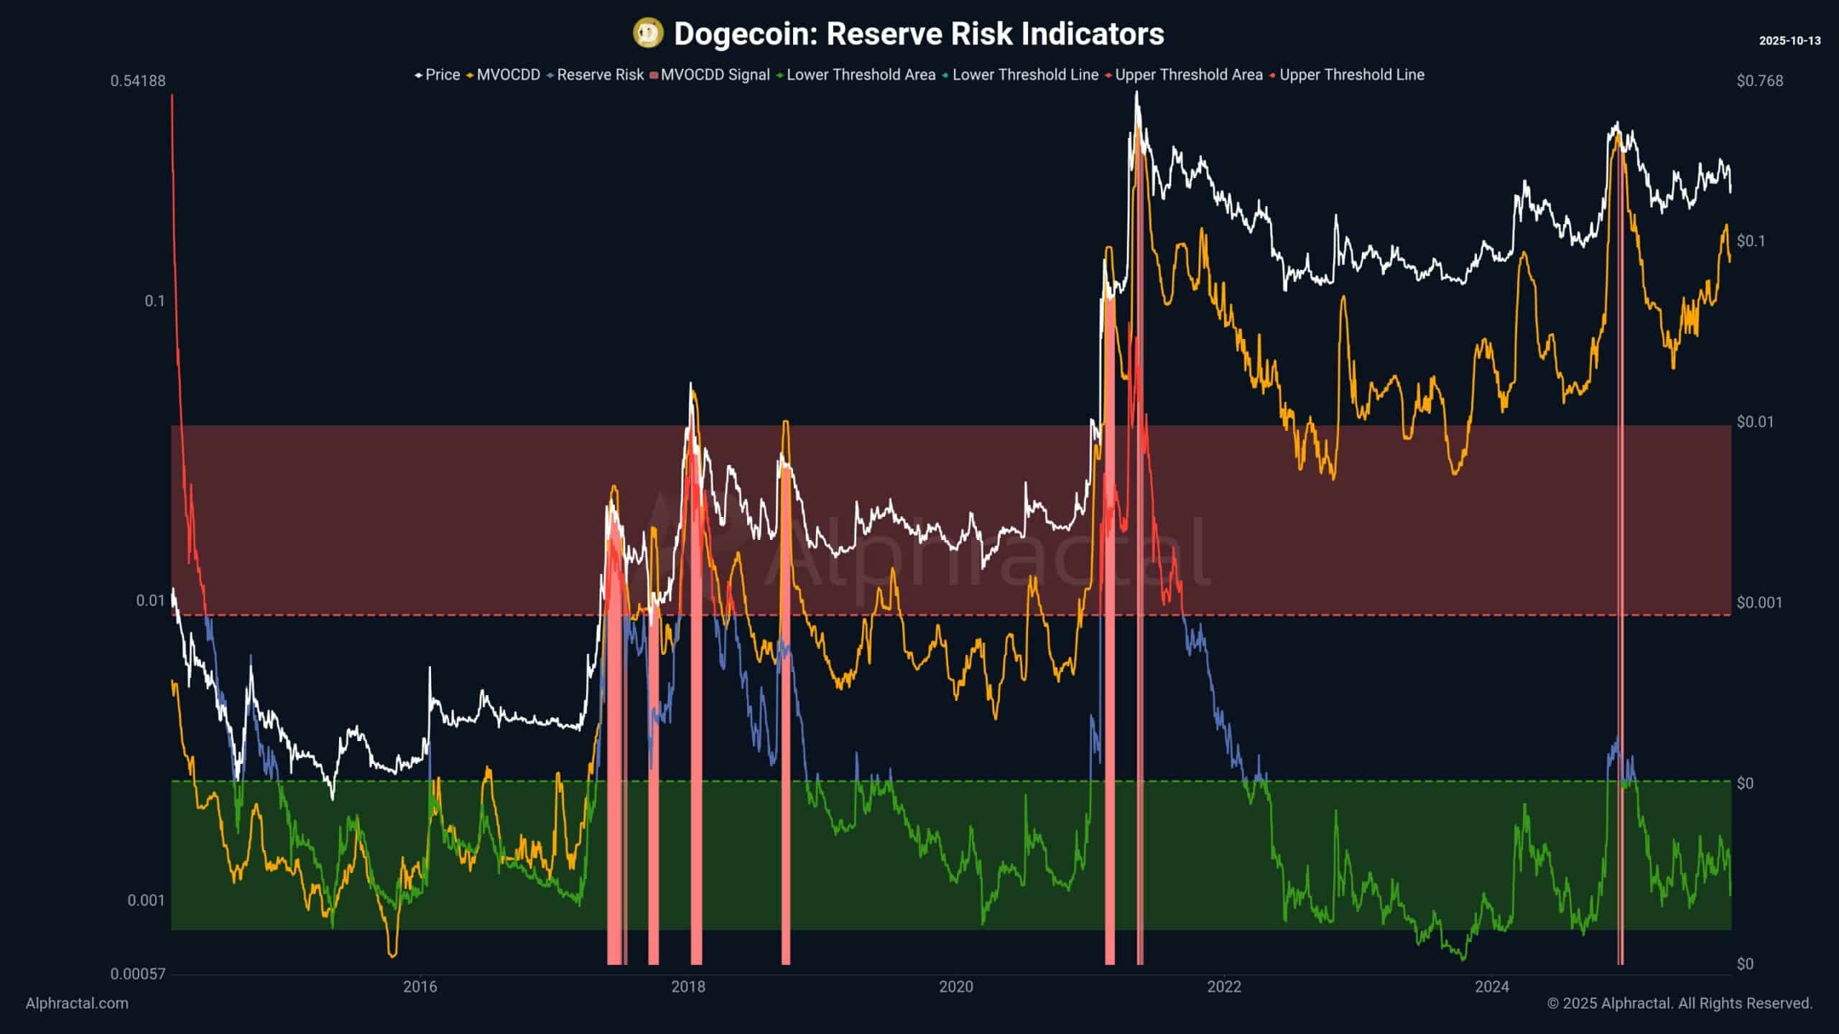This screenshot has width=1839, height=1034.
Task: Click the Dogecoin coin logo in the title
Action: click(648, 34)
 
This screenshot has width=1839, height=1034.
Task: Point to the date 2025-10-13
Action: click(1789, 41)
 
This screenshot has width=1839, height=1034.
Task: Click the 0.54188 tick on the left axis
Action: click(138, 80)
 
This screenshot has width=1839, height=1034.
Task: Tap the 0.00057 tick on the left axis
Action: click(138, 974)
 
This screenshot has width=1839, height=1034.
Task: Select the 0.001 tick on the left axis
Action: click(146, 900)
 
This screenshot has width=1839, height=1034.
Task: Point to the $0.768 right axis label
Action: click(1759, 80)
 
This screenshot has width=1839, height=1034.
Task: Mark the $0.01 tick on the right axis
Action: click(1755, 421)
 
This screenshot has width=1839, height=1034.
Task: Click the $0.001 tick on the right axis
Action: click(1759, 602)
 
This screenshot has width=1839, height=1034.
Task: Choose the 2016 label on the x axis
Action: click(420, 987)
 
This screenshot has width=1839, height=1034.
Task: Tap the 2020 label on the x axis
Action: click(956, 987)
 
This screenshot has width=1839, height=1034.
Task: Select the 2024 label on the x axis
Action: click(1492, 987)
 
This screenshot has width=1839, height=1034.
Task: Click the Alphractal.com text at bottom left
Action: click(77, 1003)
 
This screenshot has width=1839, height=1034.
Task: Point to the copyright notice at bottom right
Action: click(1680, 1003)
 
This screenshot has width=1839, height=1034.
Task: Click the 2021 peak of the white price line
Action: click(1136, 94)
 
